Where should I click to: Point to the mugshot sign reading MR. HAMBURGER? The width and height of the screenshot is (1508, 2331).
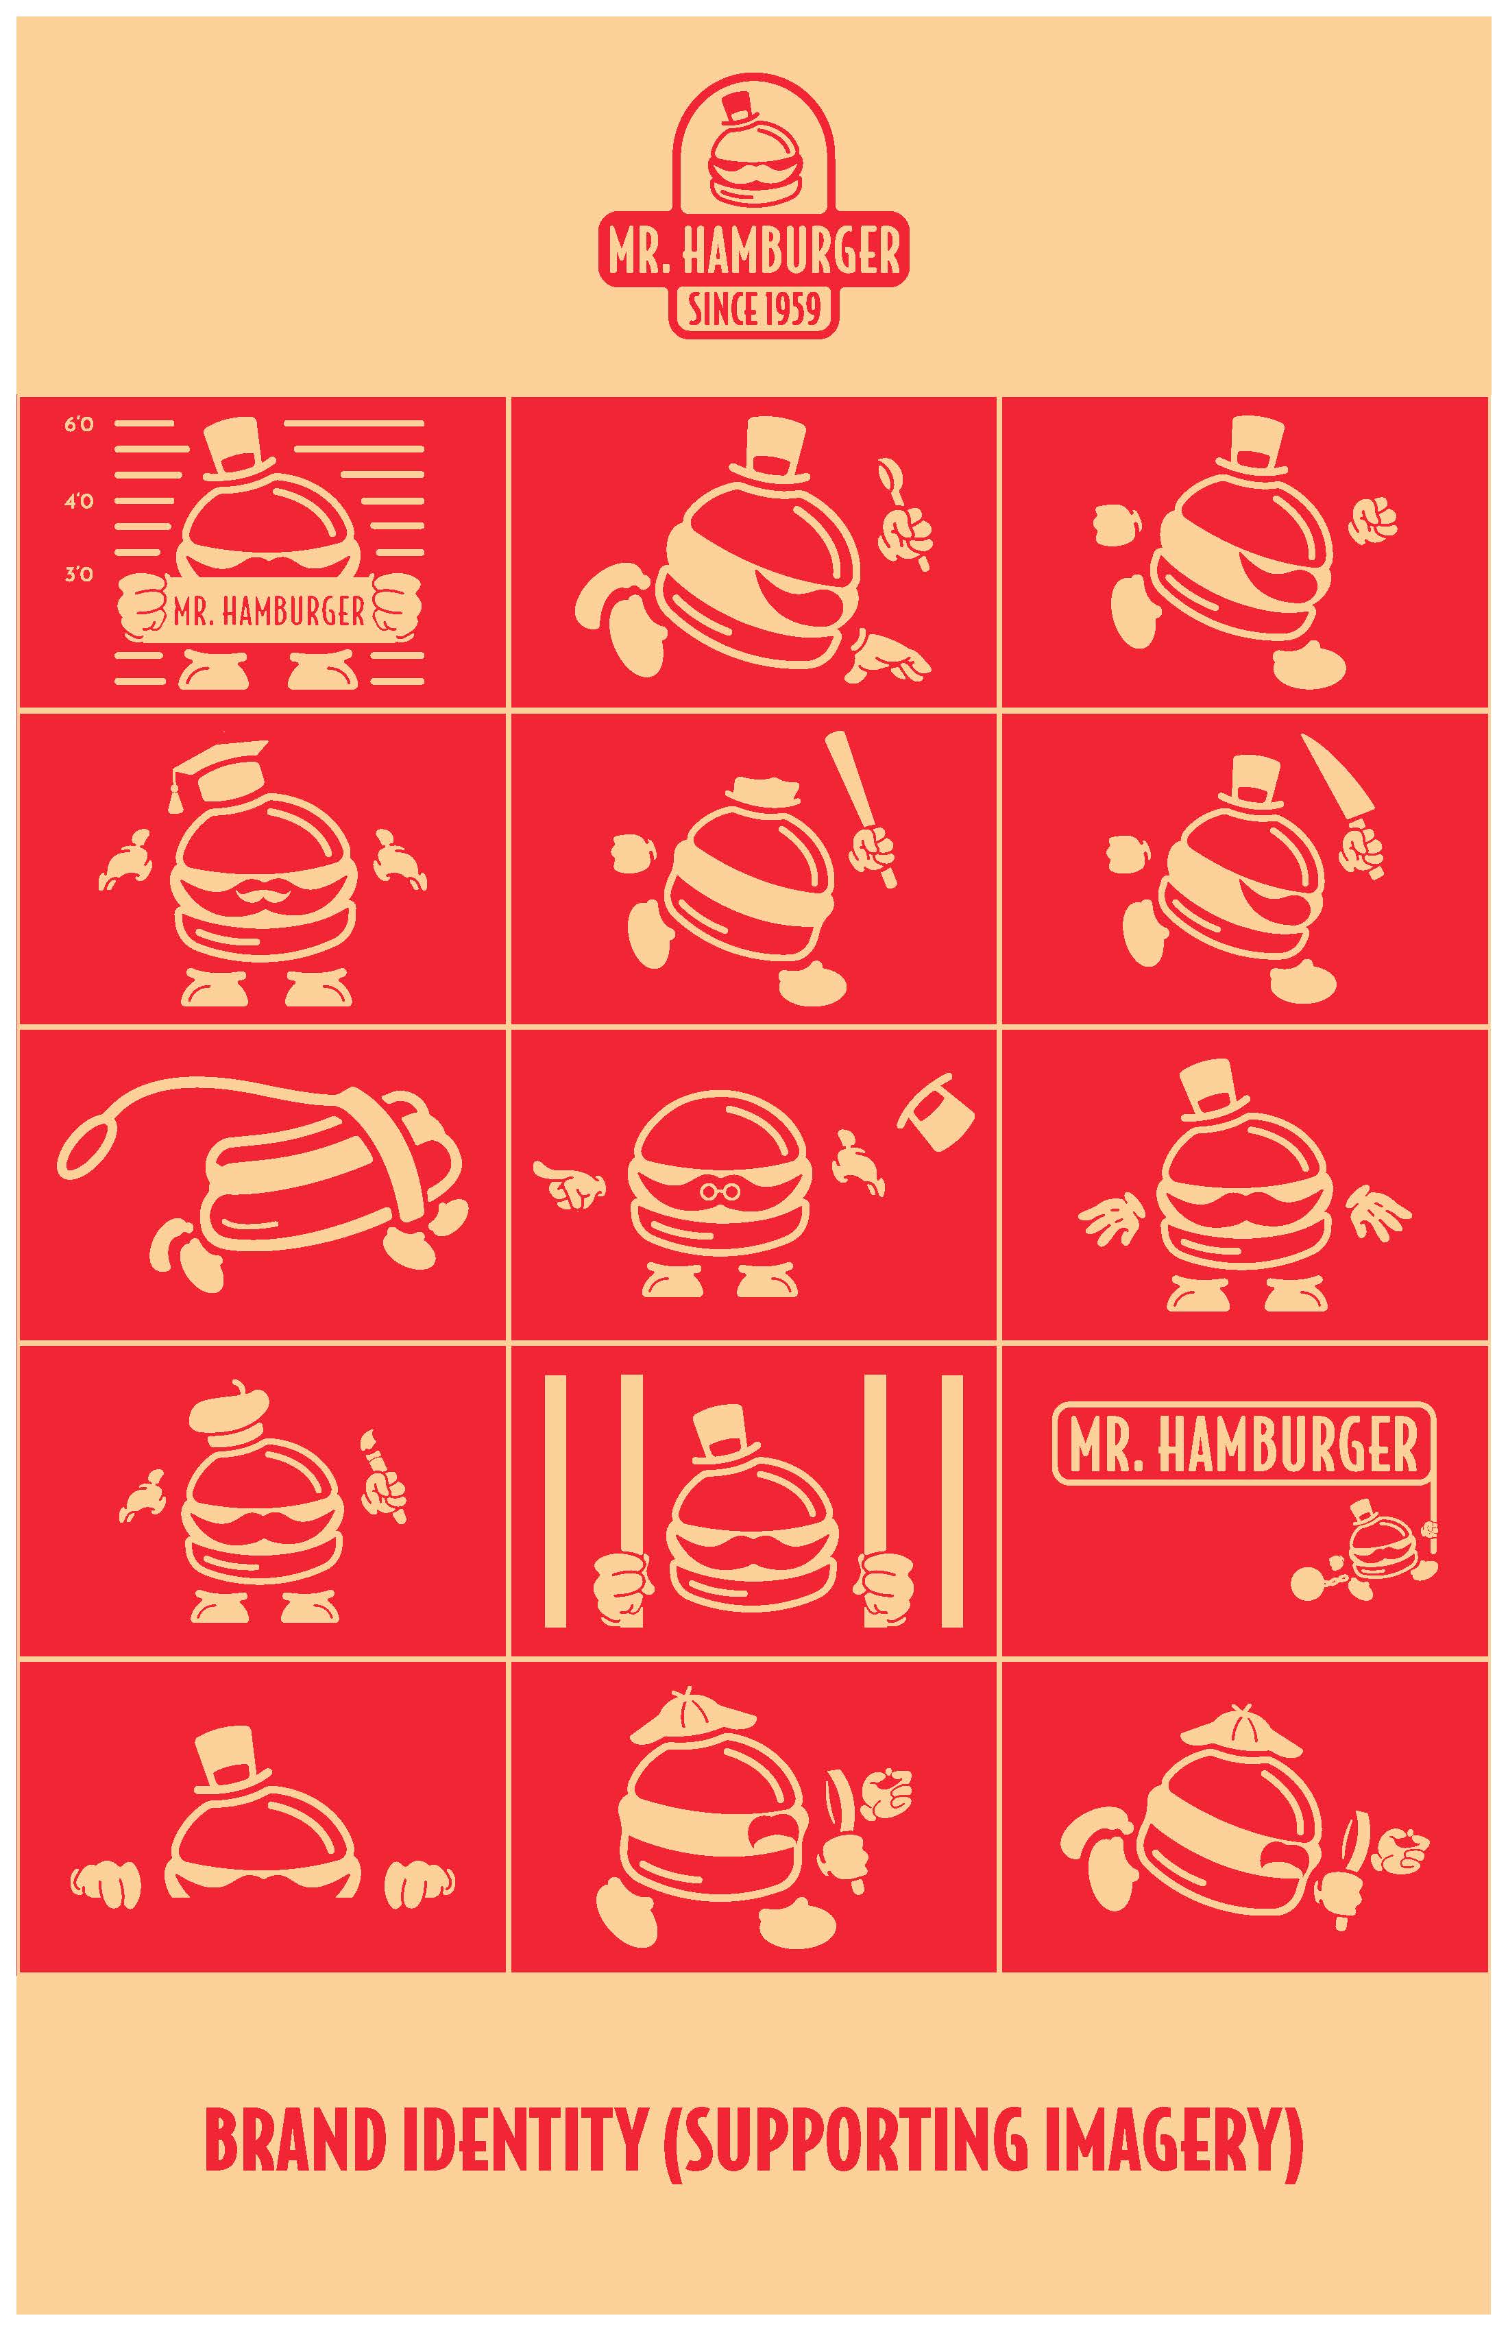[269, 612]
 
